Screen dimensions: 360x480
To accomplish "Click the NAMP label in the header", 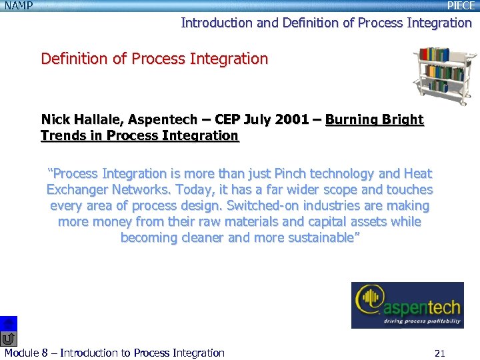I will [18, 5].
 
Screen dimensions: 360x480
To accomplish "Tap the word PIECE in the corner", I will [461, 5].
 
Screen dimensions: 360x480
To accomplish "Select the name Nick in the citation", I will [55, 120].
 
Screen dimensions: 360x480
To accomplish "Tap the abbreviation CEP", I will [233, 120].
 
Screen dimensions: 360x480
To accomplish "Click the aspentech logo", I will [407, 306].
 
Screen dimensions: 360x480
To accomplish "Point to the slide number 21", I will [439, 353].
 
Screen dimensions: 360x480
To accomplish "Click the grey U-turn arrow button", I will [9, 339].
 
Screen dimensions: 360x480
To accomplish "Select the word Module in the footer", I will [21, 353].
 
